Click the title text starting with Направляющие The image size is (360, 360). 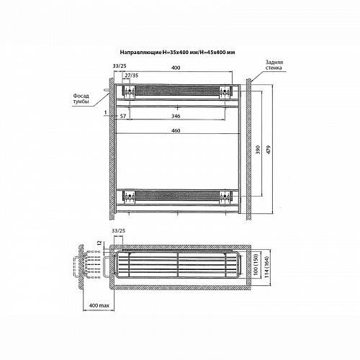pyautogui.click(x=177, y=52)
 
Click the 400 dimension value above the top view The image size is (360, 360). pyautogui.click(x=176, y=68)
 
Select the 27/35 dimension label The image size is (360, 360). pyautogui.click(x=132, y=76)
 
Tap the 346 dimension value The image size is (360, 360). pyautogui.click(x=176, y=116)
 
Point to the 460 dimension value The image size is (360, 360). pyautogui.click(x=176, y=131)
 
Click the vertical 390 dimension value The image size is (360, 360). pyautogui.click(x=258, y=150)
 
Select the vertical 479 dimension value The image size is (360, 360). pyautogui.click(x=269, y=150)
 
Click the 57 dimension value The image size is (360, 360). pyautogui.click(x=123, y=116)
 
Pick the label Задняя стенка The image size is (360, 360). pyautogui.click(x=274, y=65)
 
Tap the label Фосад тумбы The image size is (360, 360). pyautogui.click(x=81, y=99)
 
